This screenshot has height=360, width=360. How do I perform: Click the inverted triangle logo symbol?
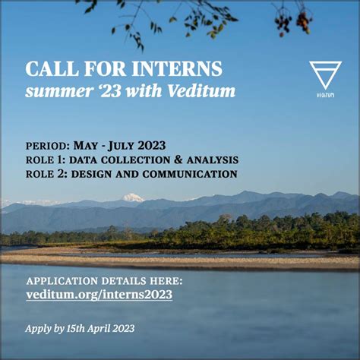click(x=325, y=75)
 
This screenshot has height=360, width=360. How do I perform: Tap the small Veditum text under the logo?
click(x=325, y=96)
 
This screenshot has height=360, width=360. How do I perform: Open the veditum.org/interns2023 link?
click(x=99, y=295)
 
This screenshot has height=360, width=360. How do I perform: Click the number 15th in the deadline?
click(x=69, y=329)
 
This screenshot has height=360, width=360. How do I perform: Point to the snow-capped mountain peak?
click(x=134, y=197)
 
